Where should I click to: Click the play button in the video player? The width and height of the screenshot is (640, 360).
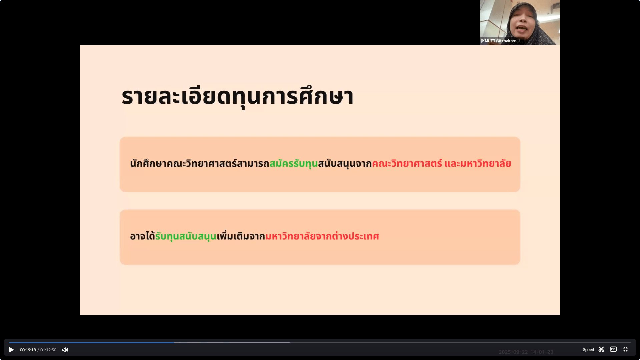click(x=11, y=350)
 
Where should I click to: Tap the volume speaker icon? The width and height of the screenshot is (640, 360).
click(x=65, y=350)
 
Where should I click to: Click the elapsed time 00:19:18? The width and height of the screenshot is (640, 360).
click(x=28, y=350)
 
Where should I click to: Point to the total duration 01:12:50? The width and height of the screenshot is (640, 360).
click(x=48, y=350)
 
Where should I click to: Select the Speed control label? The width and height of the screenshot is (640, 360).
click(x=588, y=350)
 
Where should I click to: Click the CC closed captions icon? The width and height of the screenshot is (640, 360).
click(x=613, y=349)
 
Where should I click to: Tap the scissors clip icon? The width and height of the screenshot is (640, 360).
click(x=601, y=349)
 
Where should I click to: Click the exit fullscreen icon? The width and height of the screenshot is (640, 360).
click(x=625, y=349)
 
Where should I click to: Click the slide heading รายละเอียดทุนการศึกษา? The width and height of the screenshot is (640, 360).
click(x=237, y=97)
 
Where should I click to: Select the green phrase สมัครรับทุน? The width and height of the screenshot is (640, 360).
click(x=293, y=163)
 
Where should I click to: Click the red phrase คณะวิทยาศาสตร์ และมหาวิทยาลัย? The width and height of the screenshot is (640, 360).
click(x=441, y=163)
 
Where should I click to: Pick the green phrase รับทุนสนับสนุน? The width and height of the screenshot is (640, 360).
click(x=186, y=236)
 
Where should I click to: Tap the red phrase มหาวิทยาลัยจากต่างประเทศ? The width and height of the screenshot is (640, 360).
click(x=322, y=236)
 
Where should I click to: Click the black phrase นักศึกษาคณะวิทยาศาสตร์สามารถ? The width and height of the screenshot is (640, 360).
click(x=200, y=163)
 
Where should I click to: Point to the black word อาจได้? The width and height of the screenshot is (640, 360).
click(x=143, y=236)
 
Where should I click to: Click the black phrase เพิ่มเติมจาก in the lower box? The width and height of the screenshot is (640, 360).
click(x=241, y=236)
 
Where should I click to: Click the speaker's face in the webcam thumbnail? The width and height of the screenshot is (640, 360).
click(x=522, y=23)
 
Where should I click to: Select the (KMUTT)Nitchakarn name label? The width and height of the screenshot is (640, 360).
click(x=502, y=41)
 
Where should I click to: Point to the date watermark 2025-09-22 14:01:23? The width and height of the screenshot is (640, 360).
click(x=526, y=352)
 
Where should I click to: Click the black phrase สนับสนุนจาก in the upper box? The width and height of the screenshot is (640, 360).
click(x=345, y=163)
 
